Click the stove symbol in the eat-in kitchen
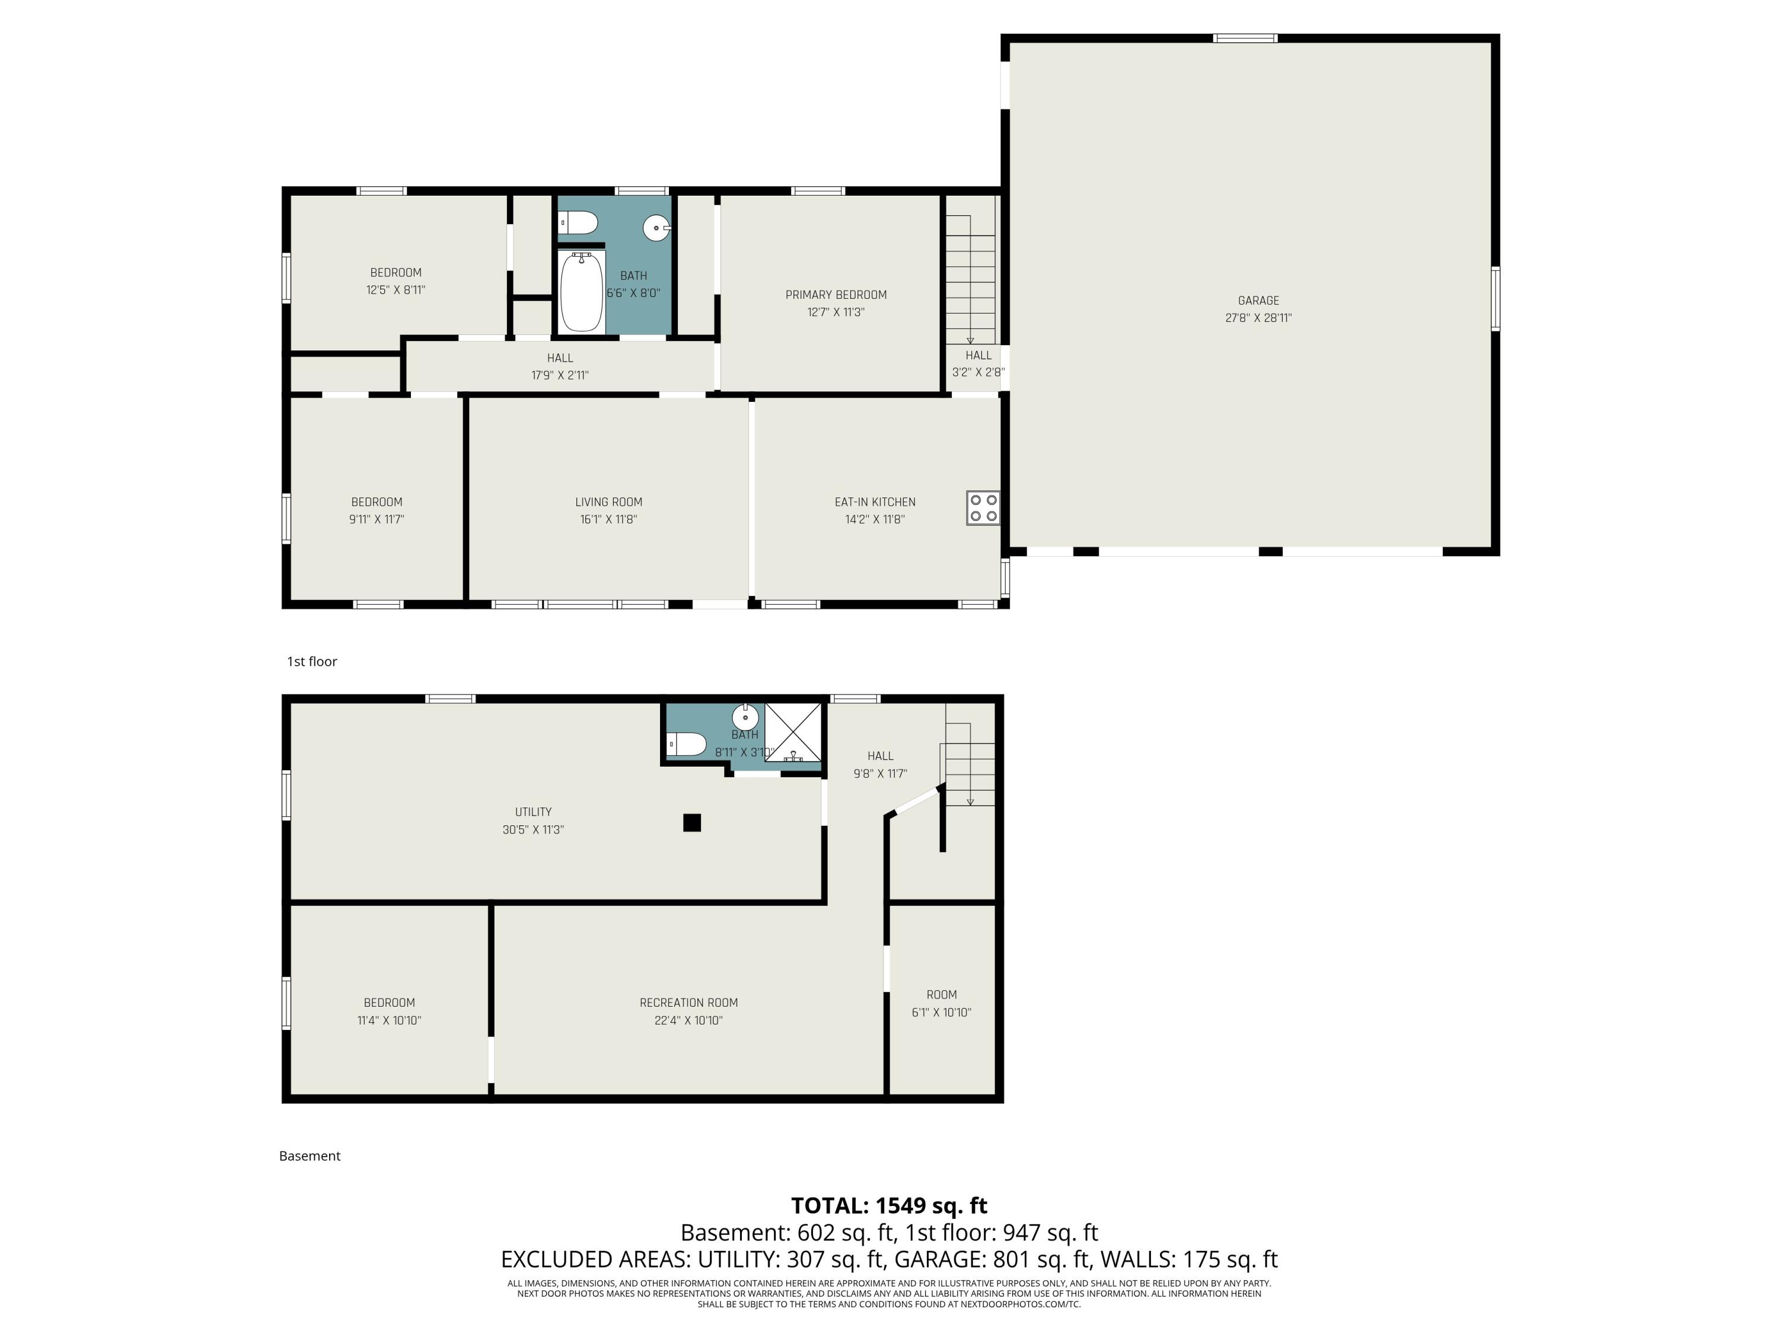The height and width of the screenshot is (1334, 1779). (983, 508)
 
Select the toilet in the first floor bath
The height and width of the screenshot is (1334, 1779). (579, 222)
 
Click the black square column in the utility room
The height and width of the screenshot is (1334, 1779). (691, 822)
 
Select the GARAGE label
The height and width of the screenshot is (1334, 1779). (1258, 301)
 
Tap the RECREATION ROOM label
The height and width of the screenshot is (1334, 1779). (688, 1003)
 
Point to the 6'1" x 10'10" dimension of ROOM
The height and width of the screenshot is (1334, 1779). (941, 1013)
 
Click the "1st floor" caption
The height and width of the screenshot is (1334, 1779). (312, 662)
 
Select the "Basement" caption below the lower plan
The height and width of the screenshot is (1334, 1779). (310, 1156)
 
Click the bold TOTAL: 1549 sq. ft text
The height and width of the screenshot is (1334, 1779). (889, 1205)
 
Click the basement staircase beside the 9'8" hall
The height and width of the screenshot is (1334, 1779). (970, 764)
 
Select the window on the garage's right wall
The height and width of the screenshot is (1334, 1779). (1495, 299)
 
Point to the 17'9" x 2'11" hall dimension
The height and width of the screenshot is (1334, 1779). (560, 375)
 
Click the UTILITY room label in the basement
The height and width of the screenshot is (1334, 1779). (533, 812)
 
